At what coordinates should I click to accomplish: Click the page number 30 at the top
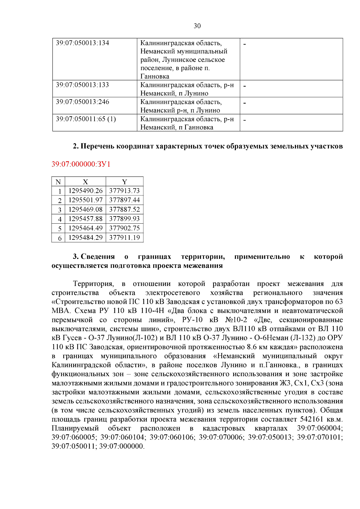pyautogui.click(x=197, y=26)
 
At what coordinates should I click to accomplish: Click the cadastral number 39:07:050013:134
pyautogui.click(x=82, y=43)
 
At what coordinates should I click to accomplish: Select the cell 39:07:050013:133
pyautogui.click(x=82, y=85)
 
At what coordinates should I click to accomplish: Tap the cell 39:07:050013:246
pyautogui.click(x=82, y=102)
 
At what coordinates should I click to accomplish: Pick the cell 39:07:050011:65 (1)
pyautogui.click(x=86, y=119)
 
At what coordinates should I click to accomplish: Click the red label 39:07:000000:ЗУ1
pyautogui.click(x=81, y=164)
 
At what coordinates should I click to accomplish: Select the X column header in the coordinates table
pyautogui.click(x=85, y=182)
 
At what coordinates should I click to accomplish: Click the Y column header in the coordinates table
pyautogui.click(x=124, y=182)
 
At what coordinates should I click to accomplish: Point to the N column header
pyautogui.click(x=58, y=182)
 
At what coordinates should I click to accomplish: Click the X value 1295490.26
pyautogui.click(x=85, y=191)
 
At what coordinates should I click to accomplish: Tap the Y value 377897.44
pyautogui.click(x=124, y=200)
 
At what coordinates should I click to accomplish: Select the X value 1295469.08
pyautogui.click(x=85, y=210)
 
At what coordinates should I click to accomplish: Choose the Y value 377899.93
pyautogui.click(x=124, y=219)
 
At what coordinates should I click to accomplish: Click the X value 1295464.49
pyautogui.click(x=85, y=228)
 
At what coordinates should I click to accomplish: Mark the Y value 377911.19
pyautogui.click(x=124, y=238)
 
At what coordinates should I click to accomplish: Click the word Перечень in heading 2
pyautogui.click(x=97, y=146)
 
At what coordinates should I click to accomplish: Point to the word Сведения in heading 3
pyautogui.click(x=98, y=257)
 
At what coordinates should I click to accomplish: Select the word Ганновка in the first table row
pyautogui.click(x=155, y=76)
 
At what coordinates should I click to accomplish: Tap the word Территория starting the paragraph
pyautogui.click(x=93, y=284)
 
